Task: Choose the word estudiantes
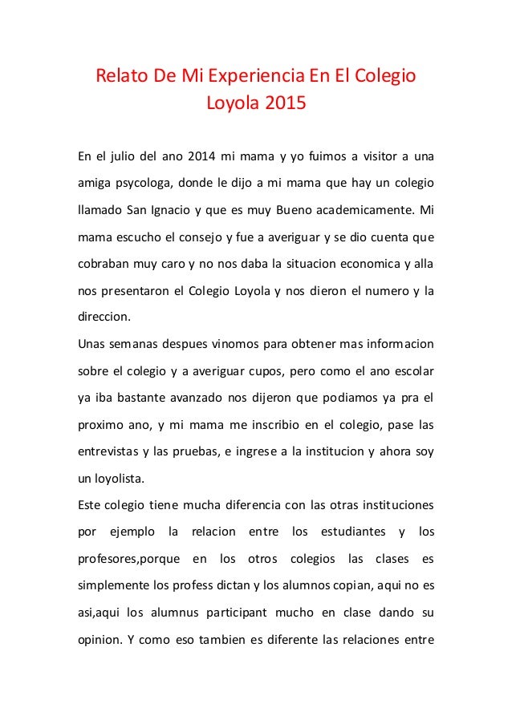click(x=354, y=532)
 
